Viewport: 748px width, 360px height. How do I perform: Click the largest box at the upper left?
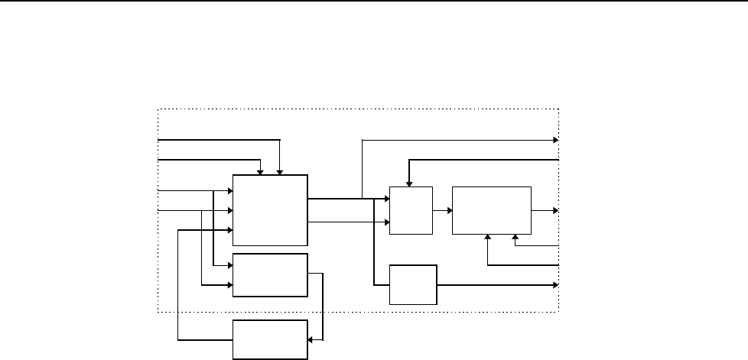click(269, 209)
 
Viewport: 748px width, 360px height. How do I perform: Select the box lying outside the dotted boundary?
click(269, 339)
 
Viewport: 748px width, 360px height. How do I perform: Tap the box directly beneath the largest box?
click(269, 274)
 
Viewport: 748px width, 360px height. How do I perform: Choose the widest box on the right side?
click(491, 209)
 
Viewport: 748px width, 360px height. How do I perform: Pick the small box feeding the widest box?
click(411, 209)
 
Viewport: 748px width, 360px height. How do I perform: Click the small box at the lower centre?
click(413, 284)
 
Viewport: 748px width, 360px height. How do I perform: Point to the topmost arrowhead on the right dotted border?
click(556, 141)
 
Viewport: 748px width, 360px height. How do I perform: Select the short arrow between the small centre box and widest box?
click(442, 209)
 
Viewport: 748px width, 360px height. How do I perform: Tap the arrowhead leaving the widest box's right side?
click(555, 209)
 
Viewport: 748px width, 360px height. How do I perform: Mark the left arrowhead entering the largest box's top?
click(262, 171)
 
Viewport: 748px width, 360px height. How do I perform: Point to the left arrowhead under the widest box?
click(488, 237)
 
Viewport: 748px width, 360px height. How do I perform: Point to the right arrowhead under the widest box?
click(515, 237)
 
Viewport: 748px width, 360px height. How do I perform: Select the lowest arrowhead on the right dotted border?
click(555, 284)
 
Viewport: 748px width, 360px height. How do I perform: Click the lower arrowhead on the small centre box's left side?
click(386, 222)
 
